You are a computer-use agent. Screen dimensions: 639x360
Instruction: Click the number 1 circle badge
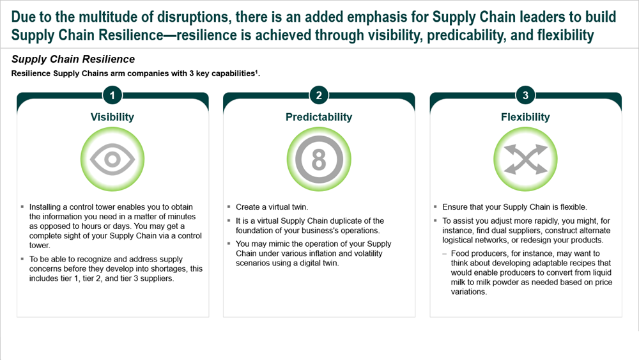pyautogui.click(x=112, y=95)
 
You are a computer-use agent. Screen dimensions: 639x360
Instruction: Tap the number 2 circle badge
pyautogui.click(x=319, y=95)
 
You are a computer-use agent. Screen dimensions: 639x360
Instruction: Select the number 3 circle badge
pyautogui.click(x=526, y=95)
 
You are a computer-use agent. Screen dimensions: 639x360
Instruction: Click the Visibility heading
pyautogui.click(x=112, y=117)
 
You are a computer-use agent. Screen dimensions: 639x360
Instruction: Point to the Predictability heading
pyautogui.click(x=319, y=117)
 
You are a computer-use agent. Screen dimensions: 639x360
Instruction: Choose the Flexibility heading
pyautogui.click(x=525, y=117)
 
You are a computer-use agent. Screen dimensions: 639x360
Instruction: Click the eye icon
pyautogui.click(x=112, y=159)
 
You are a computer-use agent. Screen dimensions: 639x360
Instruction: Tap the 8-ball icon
pyautogui.click(x=319, y=159)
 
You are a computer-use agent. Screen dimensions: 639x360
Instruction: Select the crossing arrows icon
pyautogui.click(x=526, y=159)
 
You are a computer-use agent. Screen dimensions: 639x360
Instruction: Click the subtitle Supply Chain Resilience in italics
pyautogui.click(x=73, y=59)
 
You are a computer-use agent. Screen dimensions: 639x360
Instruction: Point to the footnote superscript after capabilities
pyautogui.click(x=256, y=72)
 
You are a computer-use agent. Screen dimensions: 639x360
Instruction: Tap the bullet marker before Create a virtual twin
pyautogui.click(x=229, y=207)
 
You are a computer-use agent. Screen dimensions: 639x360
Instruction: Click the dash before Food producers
pyautogui.click(x=445, y=254)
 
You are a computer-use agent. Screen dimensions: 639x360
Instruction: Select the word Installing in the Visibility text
pyautogui.click(x=45, y=207)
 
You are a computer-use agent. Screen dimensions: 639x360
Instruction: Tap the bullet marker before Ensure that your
pyautogui.click(x=435, y=207)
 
